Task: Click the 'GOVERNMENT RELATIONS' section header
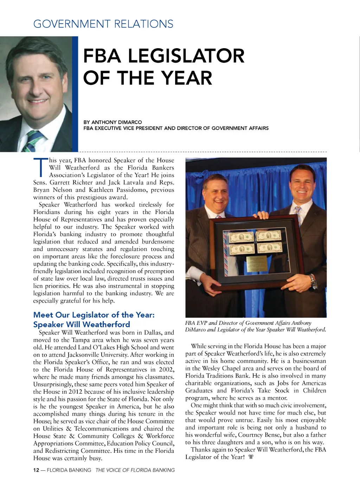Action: click(x=103, y=24)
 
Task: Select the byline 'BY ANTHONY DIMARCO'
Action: click(x=112, y=122)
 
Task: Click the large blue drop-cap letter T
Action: click(x=40, y=167)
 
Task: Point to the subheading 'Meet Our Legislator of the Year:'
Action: click(x=94, y=315)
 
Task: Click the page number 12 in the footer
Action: click(x=36, y=470)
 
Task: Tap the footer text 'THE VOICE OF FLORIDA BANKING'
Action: click(x=135, y=470)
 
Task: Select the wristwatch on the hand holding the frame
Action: click(x=313, y=281)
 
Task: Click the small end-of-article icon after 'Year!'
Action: click(x=251, y=457)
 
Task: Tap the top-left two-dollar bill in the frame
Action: click(x=242, y=237)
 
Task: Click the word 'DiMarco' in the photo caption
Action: click(x=195, y=330)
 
